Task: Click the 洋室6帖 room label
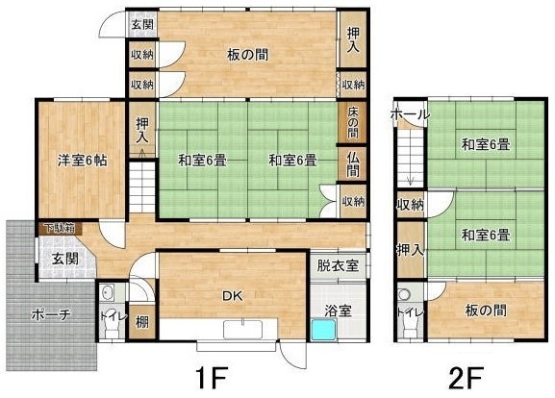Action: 82,161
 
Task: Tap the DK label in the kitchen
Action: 232,296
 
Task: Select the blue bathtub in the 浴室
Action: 323,330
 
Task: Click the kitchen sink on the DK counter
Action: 242,330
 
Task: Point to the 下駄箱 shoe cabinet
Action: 61,229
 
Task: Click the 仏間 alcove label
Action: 353,164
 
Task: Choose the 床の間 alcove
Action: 352,122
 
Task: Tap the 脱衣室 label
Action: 338,265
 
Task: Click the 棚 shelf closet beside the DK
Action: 142,322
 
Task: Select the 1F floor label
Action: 211,378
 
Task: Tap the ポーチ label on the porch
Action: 51,314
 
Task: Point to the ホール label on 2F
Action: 410,114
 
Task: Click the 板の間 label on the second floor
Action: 486,311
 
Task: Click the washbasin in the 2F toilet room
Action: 404,294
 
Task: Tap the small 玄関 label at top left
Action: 142,24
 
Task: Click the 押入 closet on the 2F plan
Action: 410,250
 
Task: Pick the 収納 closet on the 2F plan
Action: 410,204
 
